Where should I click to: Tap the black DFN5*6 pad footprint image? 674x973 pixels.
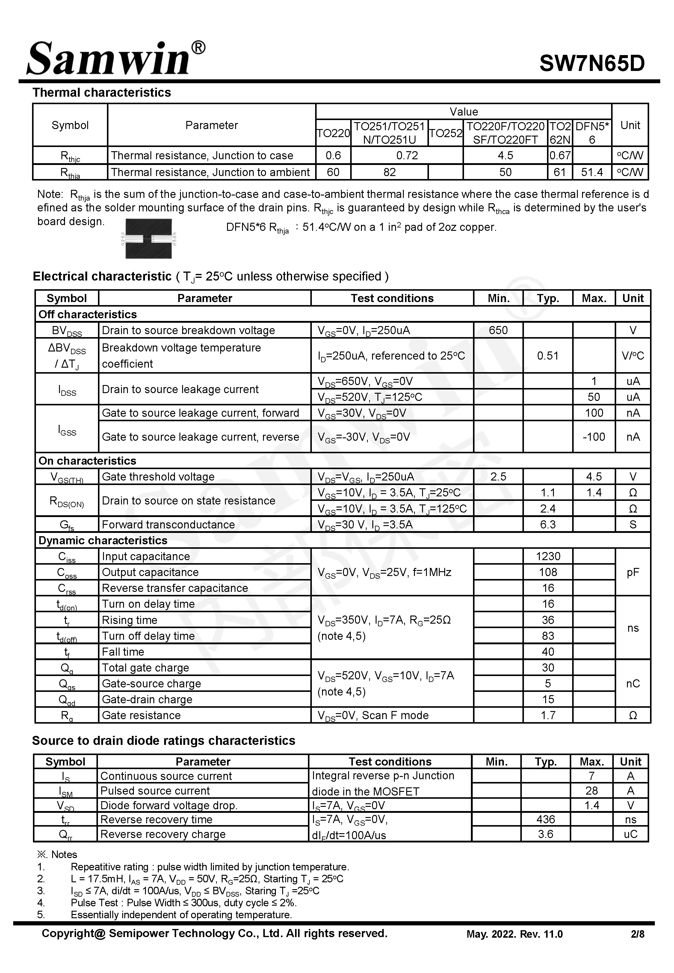tap(149, 238)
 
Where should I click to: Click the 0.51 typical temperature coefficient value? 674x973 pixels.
tap(547, 356)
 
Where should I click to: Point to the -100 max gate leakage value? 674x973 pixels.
tap(593, 437)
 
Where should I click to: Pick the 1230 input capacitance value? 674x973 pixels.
tap(548, 556)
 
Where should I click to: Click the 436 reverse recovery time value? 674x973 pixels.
tap(545, 819)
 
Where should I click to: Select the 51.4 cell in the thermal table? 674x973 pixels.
tap(592, 172)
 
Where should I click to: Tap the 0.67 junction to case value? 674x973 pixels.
tap(560, 155)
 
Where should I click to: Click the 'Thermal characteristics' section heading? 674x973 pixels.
tap(102, 93)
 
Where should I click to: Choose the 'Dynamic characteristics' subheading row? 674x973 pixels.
tap(103, 540)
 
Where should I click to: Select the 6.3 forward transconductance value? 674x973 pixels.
tap(547, 525)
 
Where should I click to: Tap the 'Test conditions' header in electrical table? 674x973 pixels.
tap(392, 298)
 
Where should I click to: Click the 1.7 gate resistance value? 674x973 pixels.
tap(547, 715)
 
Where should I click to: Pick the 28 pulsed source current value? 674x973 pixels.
tap(591, 790)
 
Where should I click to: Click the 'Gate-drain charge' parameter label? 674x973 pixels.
tap(147, 699)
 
